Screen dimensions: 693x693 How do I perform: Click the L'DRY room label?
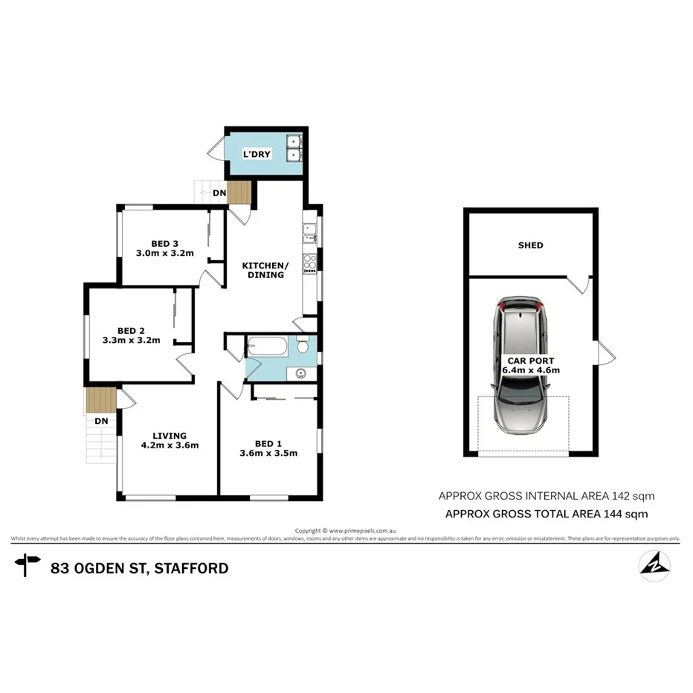pos(257,154)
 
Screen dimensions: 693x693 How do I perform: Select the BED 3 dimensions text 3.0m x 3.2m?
pos(165,254)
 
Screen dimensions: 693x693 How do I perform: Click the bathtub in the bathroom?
pos(267,346)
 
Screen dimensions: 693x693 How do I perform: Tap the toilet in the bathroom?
pos(303,346)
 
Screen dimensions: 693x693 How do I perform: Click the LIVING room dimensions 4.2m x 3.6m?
pos(170,445)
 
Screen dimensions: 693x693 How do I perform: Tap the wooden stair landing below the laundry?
pos(239,192)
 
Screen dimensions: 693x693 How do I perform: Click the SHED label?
pos(530,245)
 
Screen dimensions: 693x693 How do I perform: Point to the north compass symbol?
pos(654,565)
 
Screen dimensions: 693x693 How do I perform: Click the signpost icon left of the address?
pos(28,566)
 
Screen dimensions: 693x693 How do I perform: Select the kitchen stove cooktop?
pos(309,263)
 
